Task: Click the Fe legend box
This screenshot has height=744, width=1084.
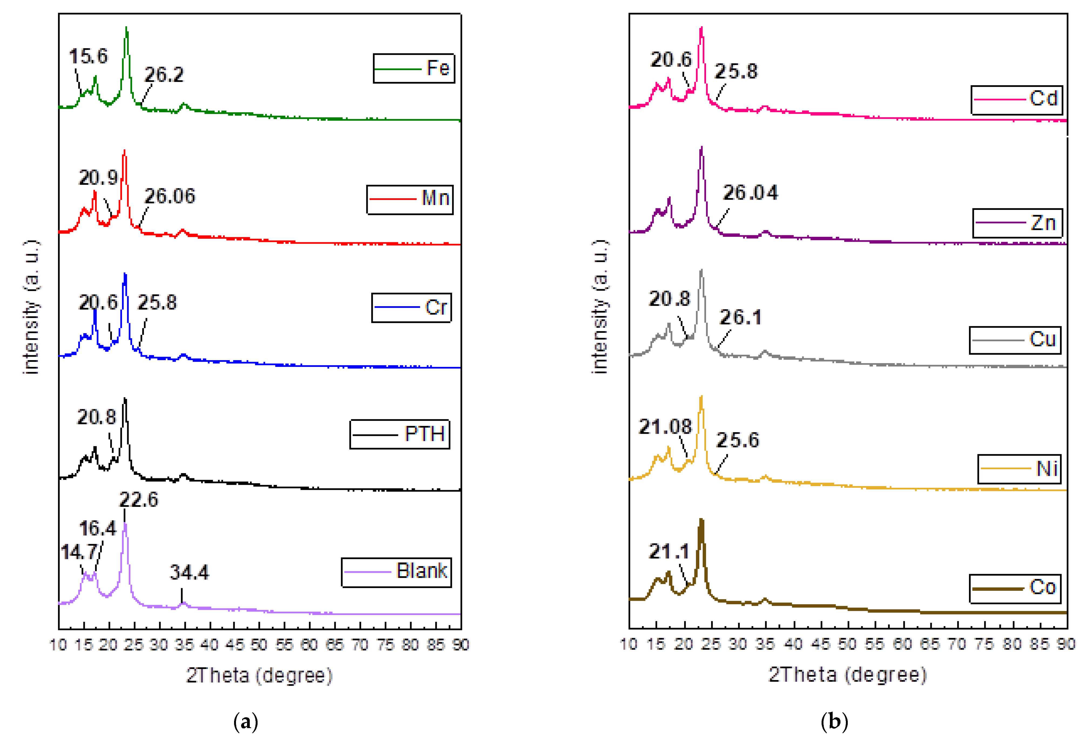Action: [413, 69]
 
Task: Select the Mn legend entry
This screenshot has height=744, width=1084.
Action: [410, 200]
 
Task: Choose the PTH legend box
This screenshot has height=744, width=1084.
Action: [400, 435]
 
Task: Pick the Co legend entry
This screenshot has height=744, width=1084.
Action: [1015, 588]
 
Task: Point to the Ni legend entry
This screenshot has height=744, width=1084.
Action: [1019, 469]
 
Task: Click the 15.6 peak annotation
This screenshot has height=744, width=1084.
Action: [88, 56]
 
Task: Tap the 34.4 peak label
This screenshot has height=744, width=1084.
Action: [189, 572]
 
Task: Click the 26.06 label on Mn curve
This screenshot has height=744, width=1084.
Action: [170, 196]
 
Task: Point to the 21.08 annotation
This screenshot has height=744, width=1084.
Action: [665, 426]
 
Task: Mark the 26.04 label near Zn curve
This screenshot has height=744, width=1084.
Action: [750, 193]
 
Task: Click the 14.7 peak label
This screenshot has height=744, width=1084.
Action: [79, 552]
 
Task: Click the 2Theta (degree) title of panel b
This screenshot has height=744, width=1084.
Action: [847, 675]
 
